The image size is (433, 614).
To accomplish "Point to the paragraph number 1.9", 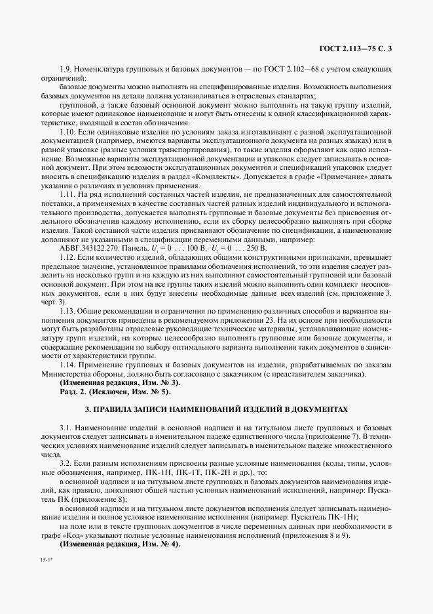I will point(66,69).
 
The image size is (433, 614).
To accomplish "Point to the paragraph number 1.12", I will point(67,258).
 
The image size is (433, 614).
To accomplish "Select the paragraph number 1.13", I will point(67,312).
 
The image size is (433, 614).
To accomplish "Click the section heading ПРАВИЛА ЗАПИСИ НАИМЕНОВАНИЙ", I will point(216,409).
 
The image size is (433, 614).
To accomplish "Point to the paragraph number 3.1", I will point(66,427).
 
